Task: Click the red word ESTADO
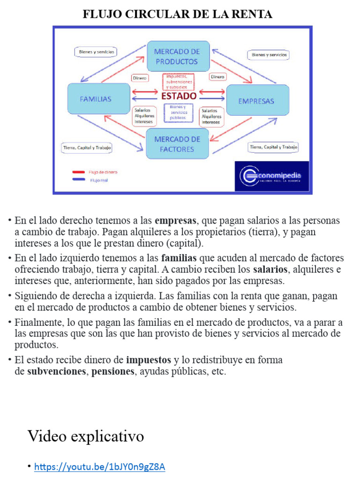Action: [x=179, y=96]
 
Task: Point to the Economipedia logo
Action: [x=271, y=176]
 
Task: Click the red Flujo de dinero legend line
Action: [x=78, y=172]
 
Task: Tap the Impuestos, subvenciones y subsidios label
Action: [x=178, y=82]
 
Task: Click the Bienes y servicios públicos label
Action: [x=178, y=112]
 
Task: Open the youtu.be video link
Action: [x=100, y=467]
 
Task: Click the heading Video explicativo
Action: [x=86, y=436]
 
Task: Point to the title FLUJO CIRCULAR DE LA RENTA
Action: [x=178, y=15]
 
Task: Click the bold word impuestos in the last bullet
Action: [x=149, y=360]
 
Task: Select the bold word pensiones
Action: [x=113, y=372]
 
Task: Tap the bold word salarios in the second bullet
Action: [x=270, y=270]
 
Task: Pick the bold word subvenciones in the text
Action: [x=57, y=372]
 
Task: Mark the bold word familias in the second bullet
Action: [x=179, y=258]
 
